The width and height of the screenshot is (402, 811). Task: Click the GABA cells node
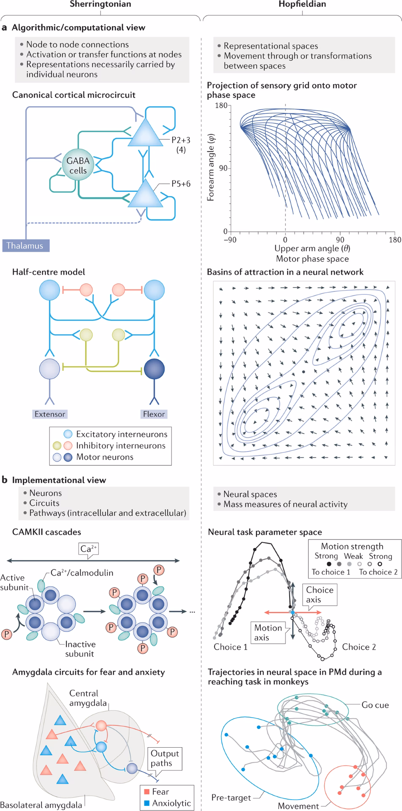(x=78, y=165)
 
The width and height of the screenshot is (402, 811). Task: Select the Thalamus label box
(x=25, y=245)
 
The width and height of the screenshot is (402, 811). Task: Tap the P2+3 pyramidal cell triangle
(x=145, y=133)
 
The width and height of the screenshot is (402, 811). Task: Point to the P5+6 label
(x=181, y=184)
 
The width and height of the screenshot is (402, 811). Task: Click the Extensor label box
(x=50, y=414)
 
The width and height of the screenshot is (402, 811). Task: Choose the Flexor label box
(x=154, y=414)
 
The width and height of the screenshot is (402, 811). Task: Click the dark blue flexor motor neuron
(x=154, y=369)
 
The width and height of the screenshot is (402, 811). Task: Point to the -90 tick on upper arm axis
(x=230, y=240)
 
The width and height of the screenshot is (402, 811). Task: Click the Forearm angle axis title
(x=211, y=167)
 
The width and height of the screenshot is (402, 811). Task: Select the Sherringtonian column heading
(x=100, y=4)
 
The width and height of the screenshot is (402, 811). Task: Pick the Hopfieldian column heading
(x=302, y=4)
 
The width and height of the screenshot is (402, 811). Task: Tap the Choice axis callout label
(x=320, y=595)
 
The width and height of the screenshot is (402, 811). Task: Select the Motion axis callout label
(x=268, y=632)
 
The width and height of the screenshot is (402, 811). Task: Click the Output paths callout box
(x=165, y=758)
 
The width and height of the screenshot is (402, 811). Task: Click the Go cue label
(x=375, y=705)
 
